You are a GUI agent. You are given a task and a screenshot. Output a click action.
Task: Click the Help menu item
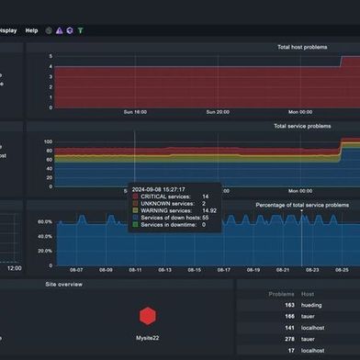pyautogui.click(x=32, y=30)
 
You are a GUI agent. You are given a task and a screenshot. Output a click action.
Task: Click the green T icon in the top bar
pyautogui.click(x=80, y=30)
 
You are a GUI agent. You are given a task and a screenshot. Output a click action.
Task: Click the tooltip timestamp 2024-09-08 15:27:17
pyautogui.click(x=170, y=188)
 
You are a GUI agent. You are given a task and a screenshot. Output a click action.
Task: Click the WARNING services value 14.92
pyautogui.click(x=208, y=210)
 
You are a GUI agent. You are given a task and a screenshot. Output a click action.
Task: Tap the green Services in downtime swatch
pyautogui.click(x=135, y=224)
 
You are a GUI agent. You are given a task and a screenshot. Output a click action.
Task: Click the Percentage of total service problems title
pyautogui.click(x=301, y=205)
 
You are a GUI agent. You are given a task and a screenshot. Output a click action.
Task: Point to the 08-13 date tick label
pyautogui.click(x=164, y=270)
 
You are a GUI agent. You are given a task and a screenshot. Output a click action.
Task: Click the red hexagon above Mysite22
pyautogui.click(x=146, y=317)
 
